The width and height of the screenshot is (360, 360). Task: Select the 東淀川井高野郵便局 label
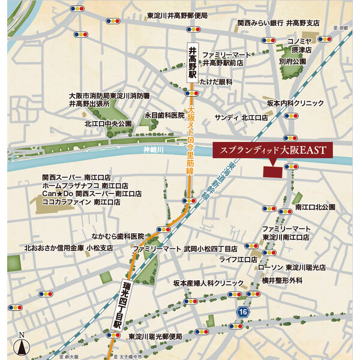click(x=177, y=16)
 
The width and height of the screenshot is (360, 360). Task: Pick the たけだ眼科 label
click(x=216, y=82)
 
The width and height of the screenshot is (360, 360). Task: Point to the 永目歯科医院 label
click(x=164, y=115)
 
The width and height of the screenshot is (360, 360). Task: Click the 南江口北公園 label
click(x=314, y=207)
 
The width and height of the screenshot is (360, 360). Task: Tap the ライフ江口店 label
click(x=238, y=259)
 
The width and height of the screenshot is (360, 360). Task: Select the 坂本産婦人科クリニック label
click(x=209, y=283)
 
